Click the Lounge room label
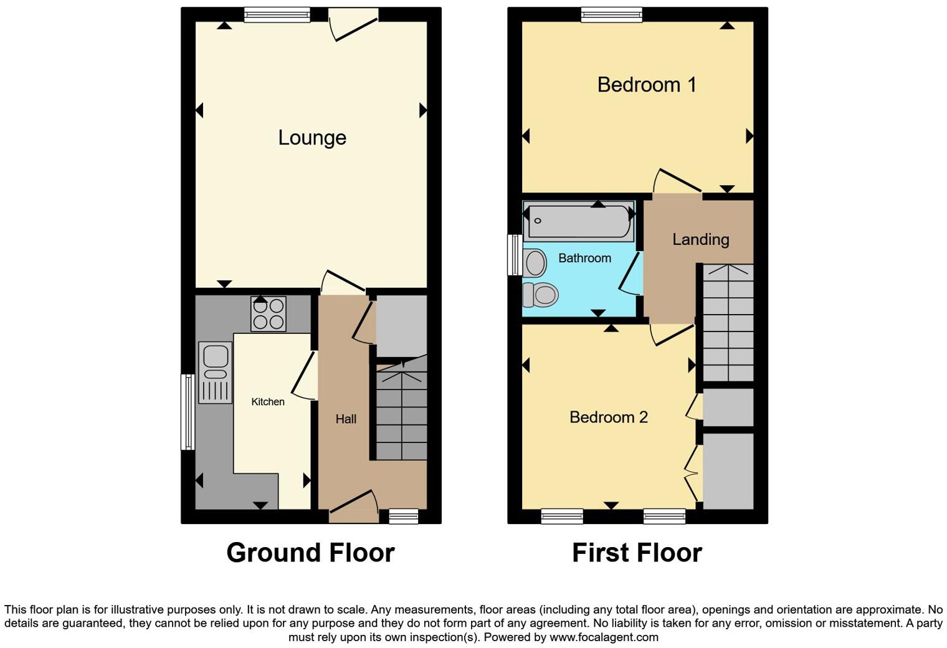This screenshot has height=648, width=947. [x=312, y=138]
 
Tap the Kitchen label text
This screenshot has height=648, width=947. [x=268, y=402]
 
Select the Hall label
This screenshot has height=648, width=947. [x=346, y=419]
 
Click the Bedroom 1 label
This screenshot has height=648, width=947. [x=646, y=85]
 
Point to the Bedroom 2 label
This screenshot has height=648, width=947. [x=608, y=417]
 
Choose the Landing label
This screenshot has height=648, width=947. [x=700, y=239]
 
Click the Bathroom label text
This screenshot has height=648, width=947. [x=584, y=258]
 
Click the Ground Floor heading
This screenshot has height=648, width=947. [x=310, y=553]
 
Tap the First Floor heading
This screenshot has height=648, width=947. [x=637, y=553]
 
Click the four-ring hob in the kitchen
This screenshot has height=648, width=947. [x=269, y=313]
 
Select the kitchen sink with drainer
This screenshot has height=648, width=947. [x=215, y=372]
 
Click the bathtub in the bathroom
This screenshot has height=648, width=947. [x=579, y=221]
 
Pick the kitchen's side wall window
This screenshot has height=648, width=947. [x=187, y=411]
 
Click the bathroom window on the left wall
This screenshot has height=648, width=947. [x=514, y=254]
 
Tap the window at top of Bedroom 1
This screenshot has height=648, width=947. [x=611, y=15]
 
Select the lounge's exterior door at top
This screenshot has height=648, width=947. [x=353, y=22]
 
